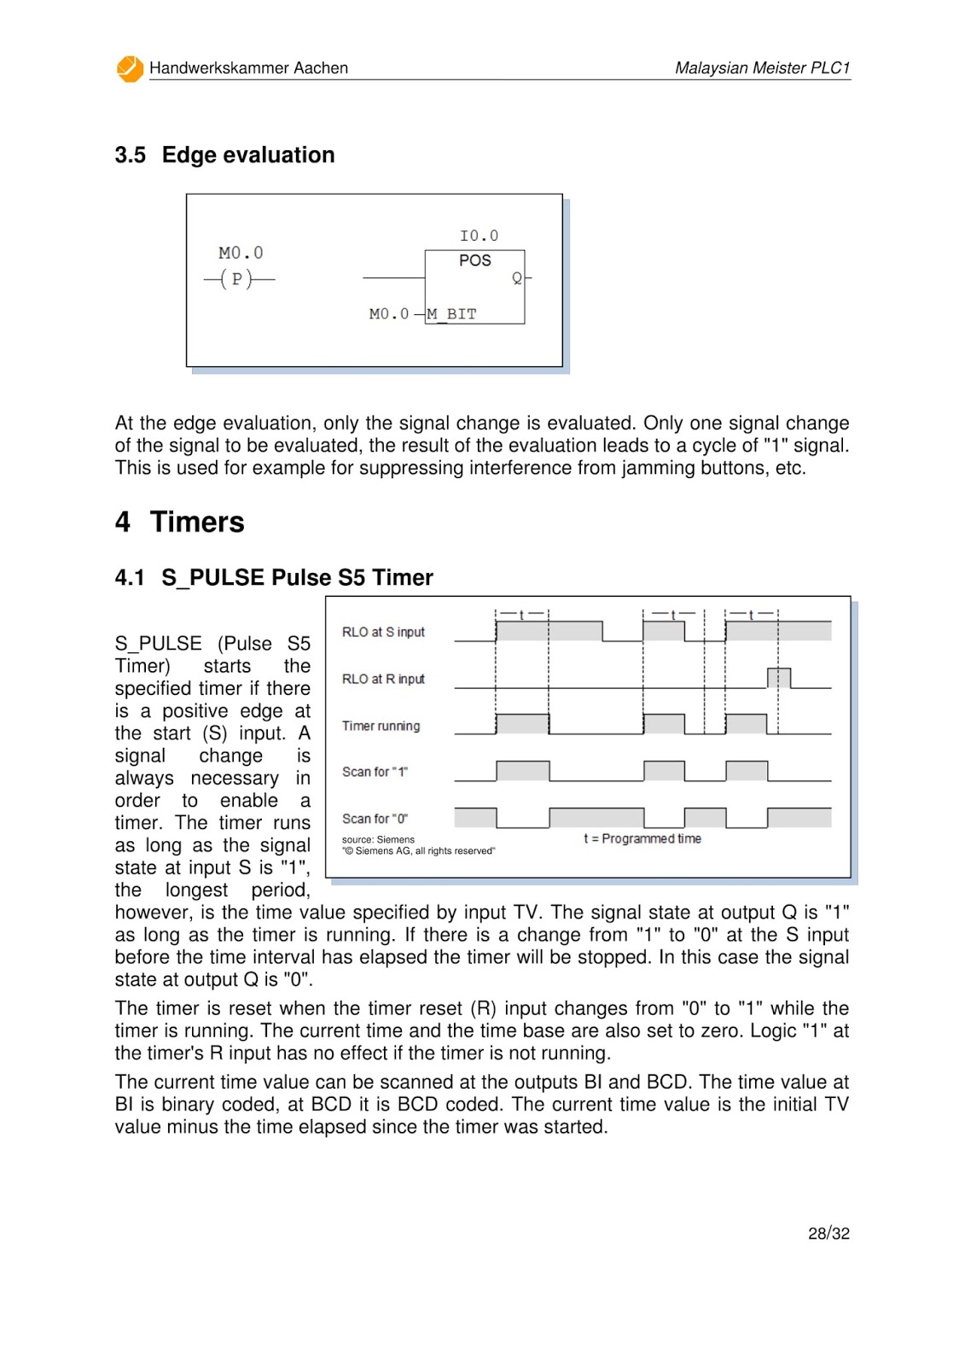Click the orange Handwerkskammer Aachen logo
tap(130, 69)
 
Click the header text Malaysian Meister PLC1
tap(762, 68)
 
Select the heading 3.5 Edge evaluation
tap(224, 155)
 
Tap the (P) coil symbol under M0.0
tap(237, 279)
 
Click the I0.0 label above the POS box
tap(479, 236)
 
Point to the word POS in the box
tap(474, 260)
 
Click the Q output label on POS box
tap(516, 278)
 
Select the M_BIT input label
tap(452, 314)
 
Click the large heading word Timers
tap(197, 522)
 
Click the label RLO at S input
tap(383, 633)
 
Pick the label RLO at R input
tap(383, 680)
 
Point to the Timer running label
tap(381, 727)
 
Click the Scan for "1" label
tap(375, 773)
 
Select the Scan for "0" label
tap(375, 819)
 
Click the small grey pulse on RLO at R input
tap(778, 678)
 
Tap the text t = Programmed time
tap(642, 839)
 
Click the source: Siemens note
tap(378, 840)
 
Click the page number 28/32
tap(828, 1234)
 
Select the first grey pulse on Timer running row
tap(521, 724)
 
